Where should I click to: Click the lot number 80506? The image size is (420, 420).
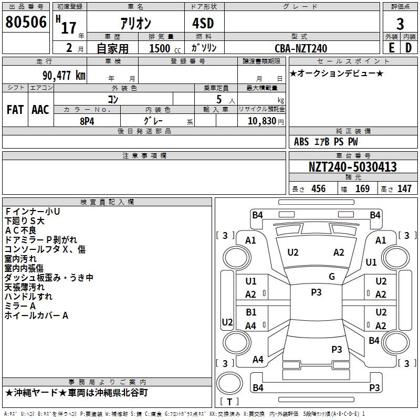pyautogui.click(x=26, y=22)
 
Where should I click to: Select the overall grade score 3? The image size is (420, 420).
pyautogui.click(x=400, y=24)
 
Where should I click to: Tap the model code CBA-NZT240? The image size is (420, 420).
pyautogui.click(x=301, y=48)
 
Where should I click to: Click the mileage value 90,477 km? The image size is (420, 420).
pyautogui.click(x=64, y=76)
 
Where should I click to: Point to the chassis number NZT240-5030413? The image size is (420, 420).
pyautogui.click(x=353, y=166)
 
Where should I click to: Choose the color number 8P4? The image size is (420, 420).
pyautogui.click(x=87, y=121)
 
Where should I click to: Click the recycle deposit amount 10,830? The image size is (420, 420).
pyautogui.click(x=262, y=121)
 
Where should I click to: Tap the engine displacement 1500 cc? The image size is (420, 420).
pyautogui.click(x=165, y=48)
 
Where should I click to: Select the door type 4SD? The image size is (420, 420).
pyautogui.click(x=203, y=23)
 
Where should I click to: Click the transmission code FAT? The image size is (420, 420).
pyautogui.click(x=15, y=110)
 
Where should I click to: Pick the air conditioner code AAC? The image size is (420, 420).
pyautogui.click(x=40, y=110)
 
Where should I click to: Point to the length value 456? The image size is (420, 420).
pyautogui.click(x=319, y=188)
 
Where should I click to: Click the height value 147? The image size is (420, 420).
pyautogui.click(x=404, y=188)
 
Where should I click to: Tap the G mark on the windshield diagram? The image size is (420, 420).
pyautogui.click(x=332, y=277)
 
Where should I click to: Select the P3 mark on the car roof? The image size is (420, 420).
pyautogui.click(x=316, y=292)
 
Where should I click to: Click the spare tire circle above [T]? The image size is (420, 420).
pyautogui.click(x=229, y=383)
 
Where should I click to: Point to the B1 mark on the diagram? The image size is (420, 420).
pyautogui.click(x=251, y=312)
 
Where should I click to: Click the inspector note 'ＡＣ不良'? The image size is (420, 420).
pyautogui.click(x=20, y=230)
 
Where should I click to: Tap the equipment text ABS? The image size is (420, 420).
pyautogui.click(x=301, y=142)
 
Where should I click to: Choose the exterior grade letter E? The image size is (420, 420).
pyautogui.click(x=392, y=48)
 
